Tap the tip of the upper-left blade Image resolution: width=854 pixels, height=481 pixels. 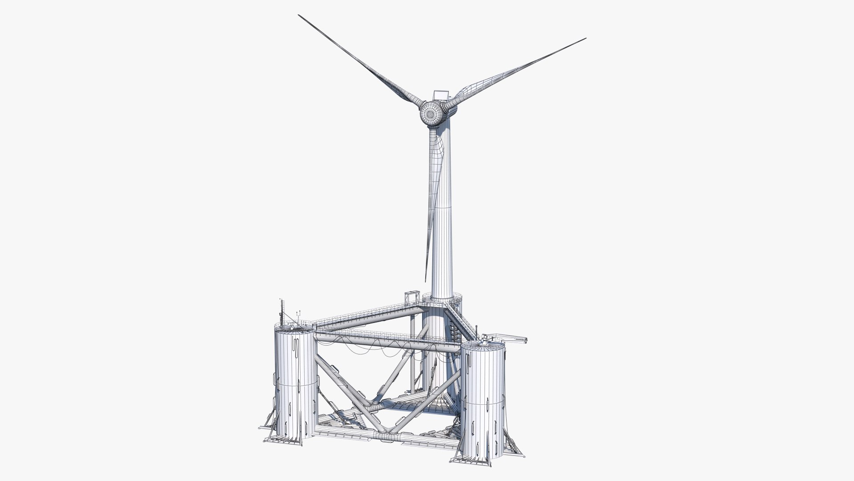coord(299,15)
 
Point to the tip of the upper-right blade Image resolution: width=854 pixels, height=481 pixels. coord(585,39)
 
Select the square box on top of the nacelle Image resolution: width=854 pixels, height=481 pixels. coord(440,94)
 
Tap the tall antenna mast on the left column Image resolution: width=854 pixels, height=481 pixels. coord(281,312)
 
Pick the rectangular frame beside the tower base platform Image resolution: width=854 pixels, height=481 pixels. coord(411,297)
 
